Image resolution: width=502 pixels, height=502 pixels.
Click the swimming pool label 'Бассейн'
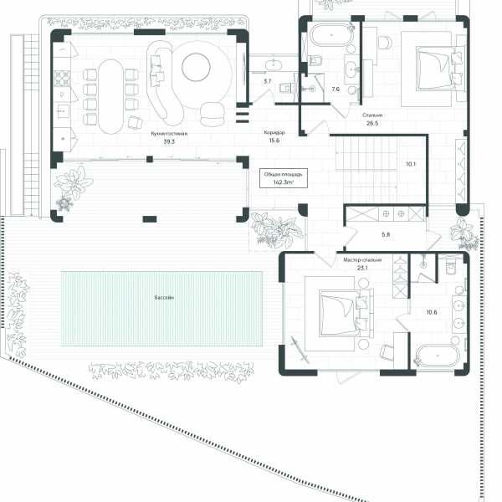[x=164, y=297]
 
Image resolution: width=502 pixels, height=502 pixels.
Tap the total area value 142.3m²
[x=284, y=182]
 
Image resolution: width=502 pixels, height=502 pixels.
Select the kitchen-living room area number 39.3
[x=169, y=141]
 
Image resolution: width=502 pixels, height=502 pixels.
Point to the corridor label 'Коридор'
[x=274, y=132]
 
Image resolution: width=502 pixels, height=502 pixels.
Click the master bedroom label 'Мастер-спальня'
[x=362, y=260]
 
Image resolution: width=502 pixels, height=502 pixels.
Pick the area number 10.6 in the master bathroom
[x=432, y=312]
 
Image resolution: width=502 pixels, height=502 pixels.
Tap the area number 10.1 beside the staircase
[x=411, y=164]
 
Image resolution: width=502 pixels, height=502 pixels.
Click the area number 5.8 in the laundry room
[x=386, y=234]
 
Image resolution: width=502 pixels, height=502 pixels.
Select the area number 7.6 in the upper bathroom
[x=336, y=89]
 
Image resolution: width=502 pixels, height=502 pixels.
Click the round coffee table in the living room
[x=196, y=67]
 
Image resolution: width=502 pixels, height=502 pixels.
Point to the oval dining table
[x=110, y=96]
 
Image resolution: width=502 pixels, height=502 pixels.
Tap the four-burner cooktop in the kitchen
[x=62, y=79]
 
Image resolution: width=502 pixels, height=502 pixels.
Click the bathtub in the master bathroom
[x=438, y=356]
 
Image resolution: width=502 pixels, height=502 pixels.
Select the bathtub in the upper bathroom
[x=331, y=35]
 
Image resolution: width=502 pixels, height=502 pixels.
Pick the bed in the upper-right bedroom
[x=439, y=69]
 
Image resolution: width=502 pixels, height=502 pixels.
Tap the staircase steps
[x=366, y=170]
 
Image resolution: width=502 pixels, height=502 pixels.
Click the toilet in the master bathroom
[x=450, y=266]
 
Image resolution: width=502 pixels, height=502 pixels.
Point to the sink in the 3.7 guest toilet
[x=274, y=64]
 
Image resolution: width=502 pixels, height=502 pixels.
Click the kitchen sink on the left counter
[x=63, y=110]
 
